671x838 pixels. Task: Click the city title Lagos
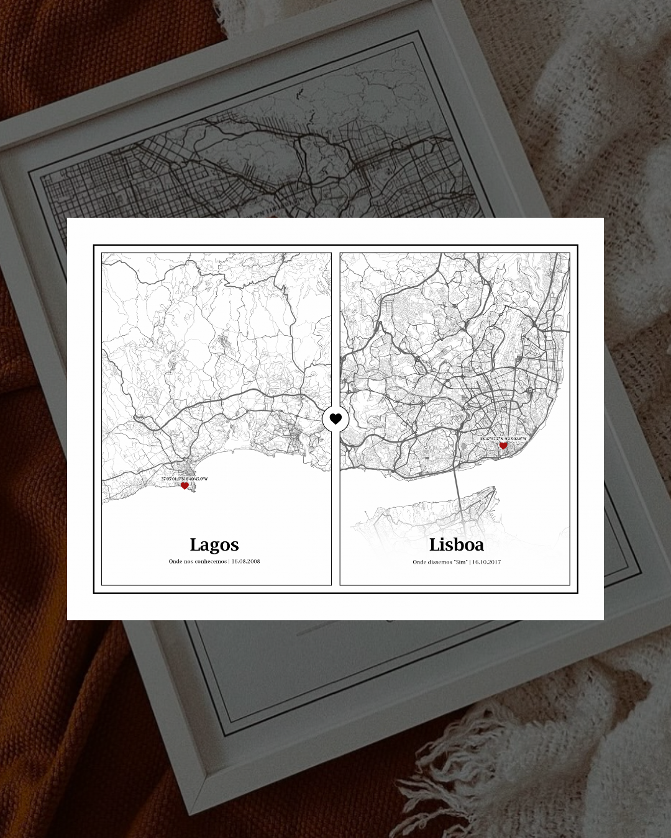coord(214,545)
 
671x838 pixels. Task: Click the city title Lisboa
coord(457,545)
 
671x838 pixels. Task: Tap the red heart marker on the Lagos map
coord(185,486)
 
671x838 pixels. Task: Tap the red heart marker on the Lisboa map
coord(503,446)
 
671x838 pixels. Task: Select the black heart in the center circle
coord(335,419)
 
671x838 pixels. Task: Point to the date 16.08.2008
coord(246,561)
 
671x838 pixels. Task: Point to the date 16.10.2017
coord(486,562)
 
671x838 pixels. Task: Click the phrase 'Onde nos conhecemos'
coord(198,561)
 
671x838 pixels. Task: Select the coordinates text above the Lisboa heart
coord(503,439)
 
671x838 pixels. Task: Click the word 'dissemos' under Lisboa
coord(440,562)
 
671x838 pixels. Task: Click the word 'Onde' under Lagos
coord(174,561)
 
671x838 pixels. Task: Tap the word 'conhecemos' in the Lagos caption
coord(209,561)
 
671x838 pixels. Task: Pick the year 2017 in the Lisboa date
coord(495,562)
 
